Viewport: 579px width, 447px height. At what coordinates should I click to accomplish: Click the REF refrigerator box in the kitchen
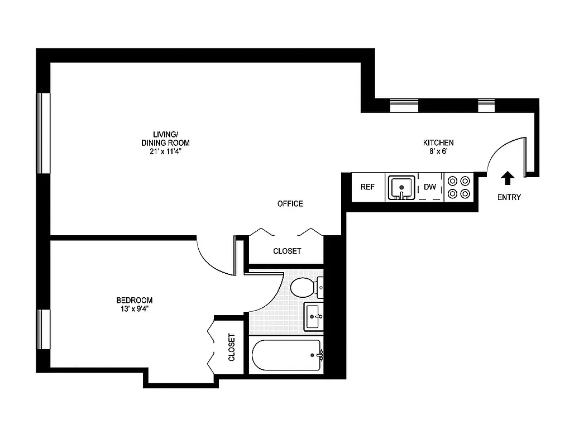(367, 187)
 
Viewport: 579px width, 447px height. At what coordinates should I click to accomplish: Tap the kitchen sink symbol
(401, 187)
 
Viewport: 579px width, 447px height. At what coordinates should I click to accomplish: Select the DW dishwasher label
(429, 187)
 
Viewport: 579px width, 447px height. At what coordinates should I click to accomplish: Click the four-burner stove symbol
(458, 187)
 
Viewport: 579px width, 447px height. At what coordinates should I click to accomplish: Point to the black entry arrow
(507, 178)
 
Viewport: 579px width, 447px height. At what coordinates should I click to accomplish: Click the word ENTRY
(509, 197)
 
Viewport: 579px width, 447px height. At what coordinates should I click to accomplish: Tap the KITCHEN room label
(438, 143)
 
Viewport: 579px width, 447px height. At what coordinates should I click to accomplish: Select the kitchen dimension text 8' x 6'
(438, 151)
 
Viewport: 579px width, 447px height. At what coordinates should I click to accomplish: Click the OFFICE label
(290, 204)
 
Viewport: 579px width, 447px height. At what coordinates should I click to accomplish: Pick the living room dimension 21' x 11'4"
(166, 151)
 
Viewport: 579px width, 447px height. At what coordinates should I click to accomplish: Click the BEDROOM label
(135, 300)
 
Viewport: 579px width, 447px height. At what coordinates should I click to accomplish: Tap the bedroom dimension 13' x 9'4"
(135, 308)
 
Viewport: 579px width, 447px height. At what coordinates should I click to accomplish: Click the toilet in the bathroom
(304, 287)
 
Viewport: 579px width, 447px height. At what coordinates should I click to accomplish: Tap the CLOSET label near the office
(287, 251)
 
